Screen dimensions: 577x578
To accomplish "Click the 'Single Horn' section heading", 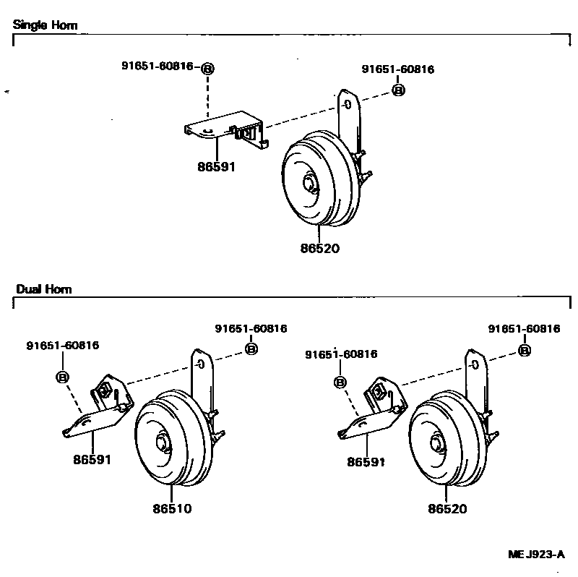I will click(46, 25).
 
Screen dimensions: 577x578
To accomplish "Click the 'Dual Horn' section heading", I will click(44, 289).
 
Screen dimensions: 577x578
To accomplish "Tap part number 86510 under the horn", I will click(172, 509).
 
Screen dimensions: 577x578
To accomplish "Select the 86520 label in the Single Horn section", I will click(319, 248).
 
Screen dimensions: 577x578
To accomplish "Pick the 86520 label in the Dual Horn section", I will click(447, 509).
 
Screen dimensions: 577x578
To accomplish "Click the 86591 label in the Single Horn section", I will click(217, 166).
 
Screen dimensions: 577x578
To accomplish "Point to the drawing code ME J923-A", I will click(535, 555).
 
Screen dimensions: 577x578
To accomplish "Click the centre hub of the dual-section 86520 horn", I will click(436, 443).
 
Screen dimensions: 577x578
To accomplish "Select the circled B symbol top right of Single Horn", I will click(398, 90).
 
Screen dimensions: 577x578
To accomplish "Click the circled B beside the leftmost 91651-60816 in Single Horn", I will click(207, 69).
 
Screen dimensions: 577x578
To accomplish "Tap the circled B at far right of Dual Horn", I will click(525, 350).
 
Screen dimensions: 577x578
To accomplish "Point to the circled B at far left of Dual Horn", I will click(63, 377).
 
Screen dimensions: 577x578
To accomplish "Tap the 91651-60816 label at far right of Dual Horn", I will click(524, 328).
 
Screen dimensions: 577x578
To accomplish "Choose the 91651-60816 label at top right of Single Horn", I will click(398, 69).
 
